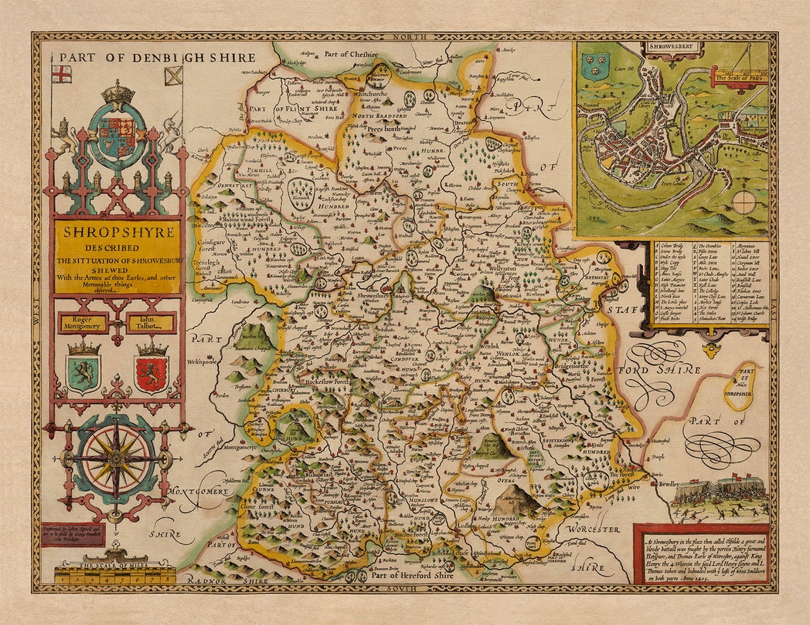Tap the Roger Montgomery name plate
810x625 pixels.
coord(83,323)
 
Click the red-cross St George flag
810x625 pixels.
coord(63,74)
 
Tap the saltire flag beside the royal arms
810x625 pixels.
coord(173,75)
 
